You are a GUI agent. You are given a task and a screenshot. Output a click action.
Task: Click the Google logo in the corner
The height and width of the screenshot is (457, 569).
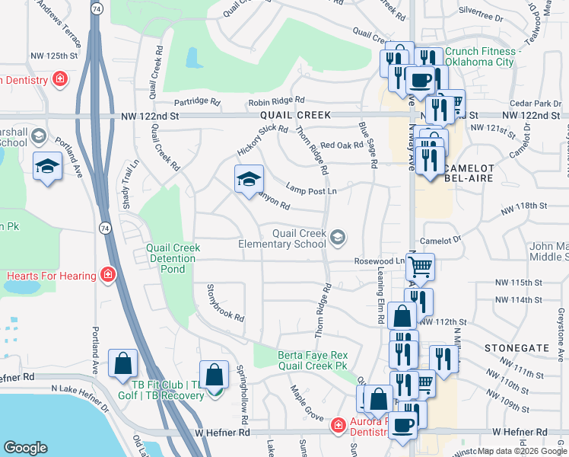tap(25, 448)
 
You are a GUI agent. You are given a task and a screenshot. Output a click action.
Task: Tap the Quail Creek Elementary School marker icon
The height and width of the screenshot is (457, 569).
tap(337, 239)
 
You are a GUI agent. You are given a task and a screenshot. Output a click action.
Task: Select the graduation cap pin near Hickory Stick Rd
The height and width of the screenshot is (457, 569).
tap(249, 181)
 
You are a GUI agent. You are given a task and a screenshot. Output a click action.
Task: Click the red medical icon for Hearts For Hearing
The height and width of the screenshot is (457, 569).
tap(109, 275)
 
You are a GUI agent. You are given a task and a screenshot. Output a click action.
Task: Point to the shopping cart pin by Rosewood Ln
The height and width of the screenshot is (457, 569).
tap(420, 267)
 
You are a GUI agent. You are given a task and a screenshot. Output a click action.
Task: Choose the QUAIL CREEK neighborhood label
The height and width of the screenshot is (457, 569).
tap(295, 115)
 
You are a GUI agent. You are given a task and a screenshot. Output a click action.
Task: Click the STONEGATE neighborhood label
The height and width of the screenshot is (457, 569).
tap(517, 347)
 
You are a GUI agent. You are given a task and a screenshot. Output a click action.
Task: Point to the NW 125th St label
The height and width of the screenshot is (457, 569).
tap(54, 56)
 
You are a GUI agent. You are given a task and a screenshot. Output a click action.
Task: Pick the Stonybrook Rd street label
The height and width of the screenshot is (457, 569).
tap(225, 302)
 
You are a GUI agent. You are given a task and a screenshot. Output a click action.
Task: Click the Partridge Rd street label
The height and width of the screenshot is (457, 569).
tap(197, 101)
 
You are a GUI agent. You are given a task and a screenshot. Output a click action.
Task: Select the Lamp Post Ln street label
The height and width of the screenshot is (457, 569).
tap(311, 188)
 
